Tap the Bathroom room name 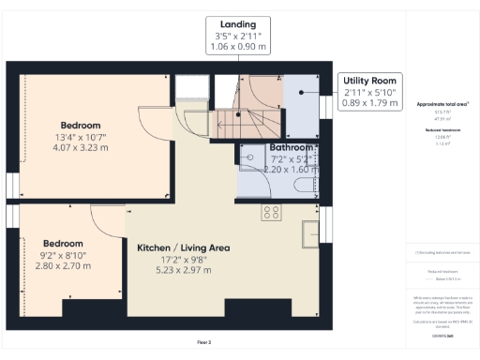(291, 148)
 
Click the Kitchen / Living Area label (184, 248)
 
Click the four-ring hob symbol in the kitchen (272, 212)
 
